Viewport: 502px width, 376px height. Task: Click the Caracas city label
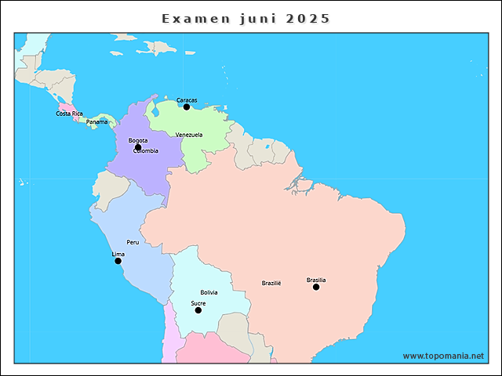187,100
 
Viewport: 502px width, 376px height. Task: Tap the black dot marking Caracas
187,107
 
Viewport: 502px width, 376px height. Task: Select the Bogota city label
138,141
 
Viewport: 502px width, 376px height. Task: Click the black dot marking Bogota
138,147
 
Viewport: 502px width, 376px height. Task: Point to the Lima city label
118,255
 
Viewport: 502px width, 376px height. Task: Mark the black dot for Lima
118,261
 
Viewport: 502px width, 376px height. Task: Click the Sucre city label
198,303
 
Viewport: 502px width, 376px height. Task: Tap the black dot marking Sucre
198,310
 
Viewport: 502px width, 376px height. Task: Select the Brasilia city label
316,280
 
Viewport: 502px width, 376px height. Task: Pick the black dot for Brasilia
316,287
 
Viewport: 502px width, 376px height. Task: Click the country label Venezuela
189,135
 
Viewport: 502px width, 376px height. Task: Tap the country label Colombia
146,151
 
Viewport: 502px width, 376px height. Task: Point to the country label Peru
133,243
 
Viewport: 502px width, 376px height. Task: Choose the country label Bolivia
209,292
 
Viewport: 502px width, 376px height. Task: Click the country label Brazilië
271,283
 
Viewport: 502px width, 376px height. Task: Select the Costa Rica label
69,114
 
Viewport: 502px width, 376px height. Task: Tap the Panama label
97,122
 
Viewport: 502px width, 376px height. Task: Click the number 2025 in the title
308,18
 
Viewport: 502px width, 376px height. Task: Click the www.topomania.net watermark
443,356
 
